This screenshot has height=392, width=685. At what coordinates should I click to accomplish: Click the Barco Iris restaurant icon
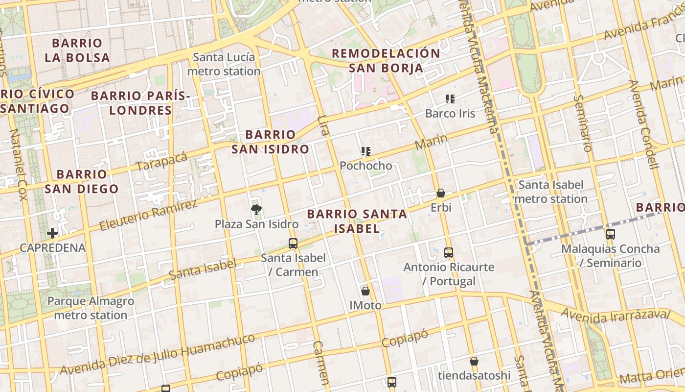[450, 99]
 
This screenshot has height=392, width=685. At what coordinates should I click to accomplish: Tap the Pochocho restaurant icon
[366, 151]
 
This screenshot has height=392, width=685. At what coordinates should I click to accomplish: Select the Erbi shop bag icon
[441, 194]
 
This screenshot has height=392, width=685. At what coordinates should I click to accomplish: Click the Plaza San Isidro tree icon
[256, 210]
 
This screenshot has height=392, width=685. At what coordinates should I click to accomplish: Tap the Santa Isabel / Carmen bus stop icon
[293, 243]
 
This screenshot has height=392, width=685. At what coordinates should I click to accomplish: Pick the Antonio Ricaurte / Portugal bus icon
[449, 253]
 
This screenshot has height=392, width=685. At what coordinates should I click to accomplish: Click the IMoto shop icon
[365, 291]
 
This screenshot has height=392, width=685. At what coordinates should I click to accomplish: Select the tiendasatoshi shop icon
[474, 362]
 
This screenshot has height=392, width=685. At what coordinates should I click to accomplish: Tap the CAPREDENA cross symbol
[52, 233]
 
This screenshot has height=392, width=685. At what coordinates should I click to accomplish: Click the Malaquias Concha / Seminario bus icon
[611, 234]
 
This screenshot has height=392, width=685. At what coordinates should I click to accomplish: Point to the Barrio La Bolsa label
[77, 50]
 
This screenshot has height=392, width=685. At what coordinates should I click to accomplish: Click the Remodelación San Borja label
[386, 61]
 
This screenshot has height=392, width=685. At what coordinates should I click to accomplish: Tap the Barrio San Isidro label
[270, 142]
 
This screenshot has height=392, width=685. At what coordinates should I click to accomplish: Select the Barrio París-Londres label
[140, 103]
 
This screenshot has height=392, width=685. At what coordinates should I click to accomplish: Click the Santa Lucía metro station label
[224, 64]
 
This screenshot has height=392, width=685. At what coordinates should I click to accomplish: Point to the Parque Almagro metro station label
[91, 308]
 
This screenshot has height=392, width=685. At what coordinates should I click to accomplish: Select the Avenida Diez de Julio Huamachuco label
[157, 354]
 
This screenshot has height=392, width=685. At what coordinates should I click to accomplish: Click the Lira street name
[323, 126]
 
